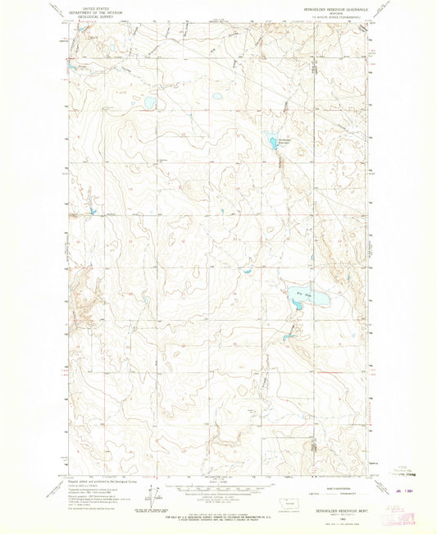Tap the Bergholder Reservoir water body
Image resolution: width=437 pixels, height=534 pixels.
coord(273,142)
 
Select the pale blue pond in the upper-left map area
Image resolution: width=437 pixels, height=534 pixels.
coord(148,103)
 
